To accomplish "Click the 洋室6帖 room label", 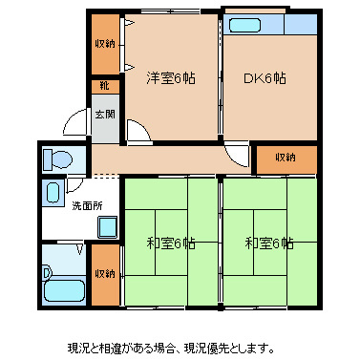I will coord(171,78).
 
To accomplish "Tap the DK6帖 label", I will coord(265,78).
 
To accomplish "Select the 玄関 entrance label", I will coord(105,116).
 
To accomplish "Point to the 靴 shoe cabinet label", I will coord(104,86).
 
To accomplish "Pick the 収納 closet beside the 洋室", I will coord(105,44).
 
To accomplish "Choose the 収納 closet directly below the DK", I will coord(285,158).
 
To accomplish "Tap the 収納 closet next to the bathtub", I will coord(105,274).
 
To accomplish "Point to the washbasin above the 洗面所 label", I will coord(53,190).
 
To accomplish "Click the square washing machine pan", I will coord(107,227).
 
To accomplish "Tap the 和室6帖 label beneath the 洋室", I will coord(171,243).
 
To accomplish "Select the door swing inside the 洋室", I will coord(138,132).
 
